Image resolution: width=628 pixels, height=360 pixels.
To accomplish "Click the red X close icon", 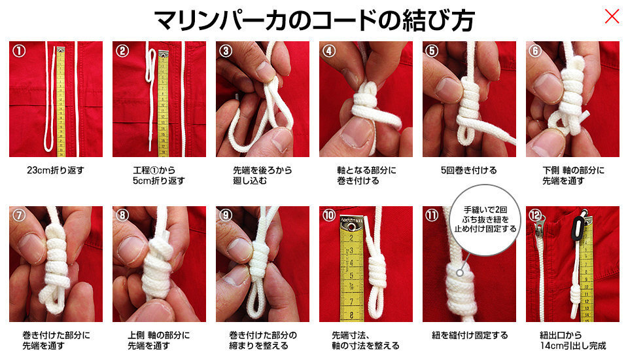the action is [x=612, y=17].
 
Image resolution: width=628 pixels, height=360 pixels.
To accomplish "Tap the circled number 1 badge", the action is [x=19, y=51].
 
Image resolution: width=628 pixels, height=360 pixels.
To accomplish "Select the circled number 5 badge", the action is [x=432, y=51].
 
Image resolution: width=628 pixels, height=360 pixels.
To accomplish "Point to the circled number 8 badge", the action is [x=122, y=215].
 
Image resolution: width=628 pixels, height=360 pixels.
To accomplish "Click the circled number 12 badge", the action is [x=536, y=215].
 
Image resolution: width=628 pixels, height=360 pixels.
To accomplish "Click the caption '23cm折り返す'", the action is [x=56, y=170].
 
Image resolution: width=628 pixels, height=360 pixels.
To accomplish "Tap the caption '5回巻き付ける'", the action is [x=468, y=170].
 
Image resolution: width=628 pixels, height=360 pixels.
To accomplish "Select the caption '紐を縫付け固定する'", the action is [x=470, y=335].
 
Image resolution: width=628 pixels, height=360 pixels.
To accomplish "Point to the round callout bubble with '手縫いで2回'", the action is [x=485, y=220].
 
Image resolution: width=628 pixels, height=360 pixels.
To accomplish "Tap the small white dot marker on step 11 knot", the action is [x=460, y=272].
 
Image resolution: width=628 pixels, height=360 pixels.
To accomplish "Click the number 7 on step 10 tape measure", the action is [x=351, y=302].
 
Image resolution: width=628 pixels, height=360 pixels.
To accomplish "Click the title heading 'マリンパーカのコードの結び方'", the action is [x=315, y=20].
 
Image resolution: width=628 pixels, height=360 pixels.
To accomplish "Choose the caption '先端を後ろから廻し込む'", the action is [x=262, y=175].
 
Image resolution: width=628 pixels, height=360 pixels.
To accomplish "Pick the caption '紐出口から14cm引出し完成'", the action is [x=573, y=340].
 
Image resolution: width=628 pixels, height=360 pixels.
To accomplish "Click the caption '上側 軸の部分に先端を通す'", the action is [x=158, y=340].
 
